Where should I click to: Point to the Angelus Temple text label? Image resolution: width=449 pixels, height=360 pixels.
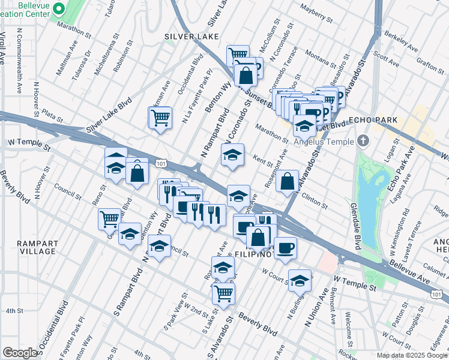[324, 142]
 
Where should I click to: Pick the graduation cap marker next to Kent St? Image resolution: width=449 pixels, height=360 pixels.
[232, 155]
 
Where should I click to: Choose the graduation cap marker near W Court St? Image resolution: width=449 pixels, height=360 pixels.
[300, 280]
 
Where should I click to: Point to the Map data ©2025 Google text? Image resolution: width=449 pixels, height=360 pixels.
[411, 355]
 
